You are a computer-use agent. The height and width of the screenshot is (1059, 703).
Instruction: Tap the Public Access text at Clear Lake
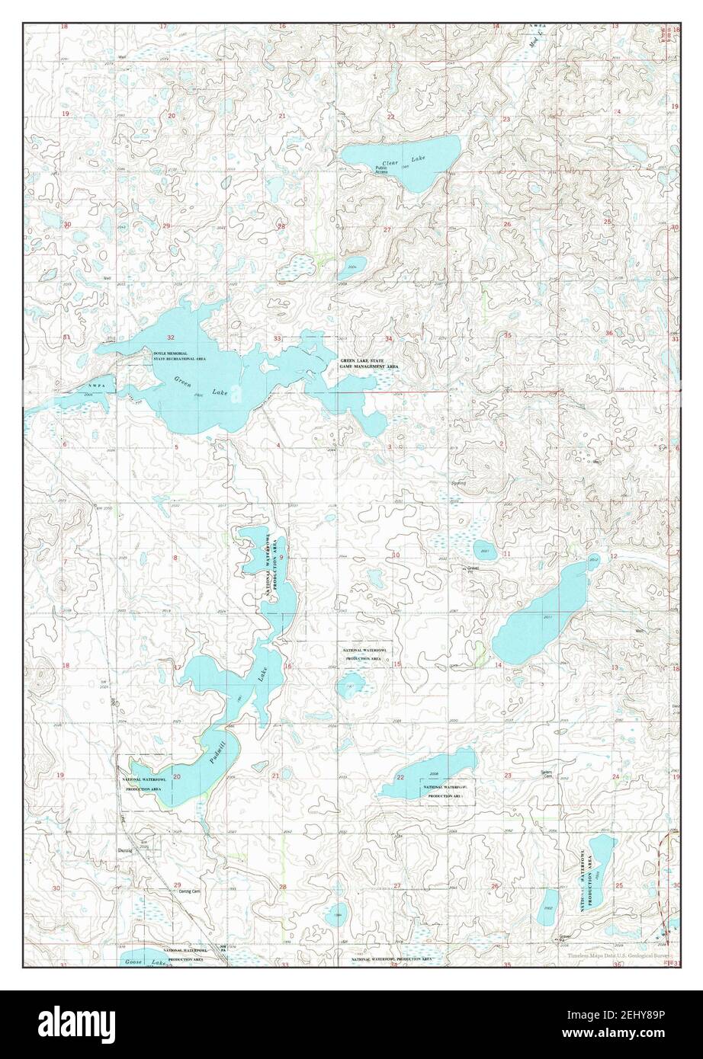(x=381, y=170)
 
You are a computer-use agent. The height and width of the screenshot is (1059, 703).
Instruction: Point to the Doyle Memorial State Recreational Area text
(x=179, y=356)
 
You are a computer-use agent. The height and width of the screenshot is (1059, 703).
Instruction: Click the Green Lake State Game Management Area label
(x=369, y=363)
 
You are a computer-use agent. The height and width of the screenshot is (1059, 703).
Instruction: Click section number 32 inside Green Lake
(x=172, y=338)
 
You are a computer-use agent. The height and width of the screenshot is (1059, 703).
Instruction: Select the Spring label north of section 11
(x=458, y=482)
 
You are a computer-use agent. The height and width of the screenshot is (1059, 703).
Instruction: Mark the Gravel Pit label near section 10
(x=475, y=570)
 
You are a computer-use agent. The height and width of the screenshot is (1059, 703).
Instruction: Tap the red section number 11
(x=507, y=554)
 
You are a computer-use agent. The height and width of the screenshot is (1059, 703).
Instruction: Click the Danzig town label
(x=125, y=850)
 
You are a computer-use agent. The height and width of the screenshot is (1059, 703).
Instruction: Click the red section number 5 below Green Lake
(x=177, y=446)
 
